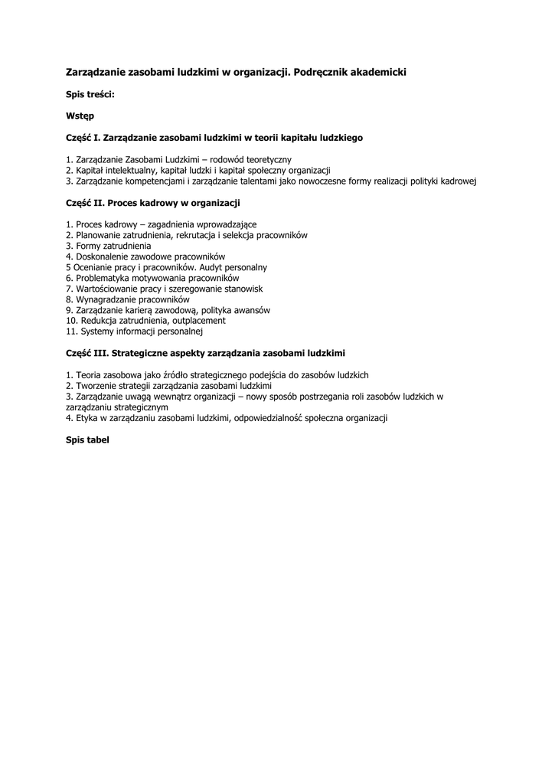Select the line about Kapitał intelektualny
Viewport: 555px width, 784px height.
coord(198,170)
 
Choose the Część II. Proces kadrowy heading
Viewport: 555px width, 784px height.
coord(153,203)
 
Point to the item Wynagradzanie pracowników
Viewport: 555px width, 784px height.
coord(127,300)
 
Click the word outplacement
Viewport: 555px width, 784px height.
coord(200,321)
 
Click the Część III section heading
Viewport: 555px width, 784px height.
coord(205,354)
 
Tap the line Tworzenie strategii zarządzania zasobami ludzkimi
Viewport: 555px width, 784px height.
coord(168,386)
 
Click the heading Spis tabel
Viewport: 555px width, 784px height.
coord(87,440)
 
